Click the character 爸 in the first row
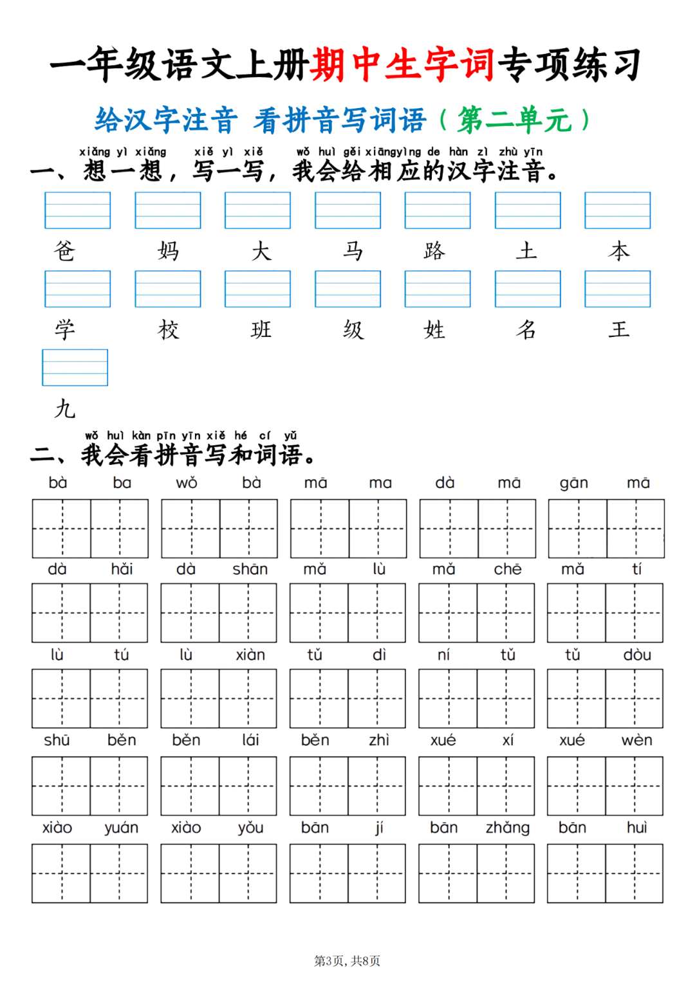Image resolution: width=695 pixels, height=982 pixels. (64, 251)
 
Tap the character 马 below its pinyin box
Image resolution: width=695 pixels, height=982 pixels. (353, 251)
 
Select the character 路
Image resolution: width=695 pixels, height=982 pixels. (434, 251)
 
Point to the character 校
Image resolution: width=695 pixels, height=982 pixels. (169, 330)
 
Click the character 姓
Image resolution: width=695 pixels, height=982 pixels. (434, 330)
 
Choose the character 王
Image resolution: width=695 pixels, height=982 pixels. (619, 330)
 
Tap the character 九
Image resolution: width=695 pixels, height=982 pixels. (64, 408)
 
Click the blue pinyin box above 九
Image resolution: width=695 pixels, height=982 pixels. (75, 368)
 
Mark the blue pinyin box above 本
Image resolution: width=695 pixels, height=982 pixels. (617, 210)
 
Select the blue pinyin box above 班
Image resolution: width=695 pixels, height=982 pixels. (257, 289)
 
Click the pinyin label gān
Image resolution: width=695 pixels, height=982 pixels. (573, 483)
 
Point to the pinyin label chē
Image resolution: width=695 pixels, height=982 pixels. (508, 569)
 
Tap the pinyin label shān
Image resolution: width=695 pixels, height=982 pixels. (250, 569)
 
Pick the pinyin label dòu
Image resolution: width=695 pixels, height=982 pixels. (637, 655)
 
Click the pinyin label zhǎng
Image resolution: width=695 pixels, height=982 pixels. (508, 828)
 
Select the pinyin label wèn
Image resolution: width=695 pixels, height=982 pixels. (637, 740)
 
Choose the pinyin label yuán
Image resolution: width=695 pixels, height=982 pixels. (121, 828)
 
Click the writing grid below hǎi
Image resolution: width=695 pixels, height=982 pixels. (119, 613)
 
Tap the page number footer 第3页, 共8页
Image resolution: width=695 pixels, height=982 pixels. (347, 961)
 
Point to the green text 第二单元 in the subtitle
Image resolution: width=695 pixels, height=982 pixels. (514, 120)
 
